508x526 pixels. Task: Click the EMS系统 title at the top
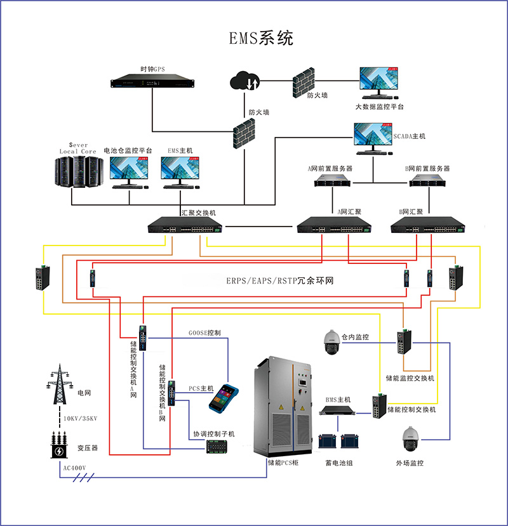tap(261, 38)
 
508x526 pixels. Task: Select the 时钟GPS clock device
tap(152, 82)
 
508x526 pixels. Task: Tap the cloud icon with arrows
tap(244, 82)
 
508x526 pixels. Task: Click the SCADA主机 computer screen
tap(373, 136)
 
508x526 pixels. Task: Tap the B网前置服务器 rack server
tap(427, 182)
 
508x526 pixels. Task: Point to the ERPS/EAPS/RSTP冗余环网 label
tap(280, 280)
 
